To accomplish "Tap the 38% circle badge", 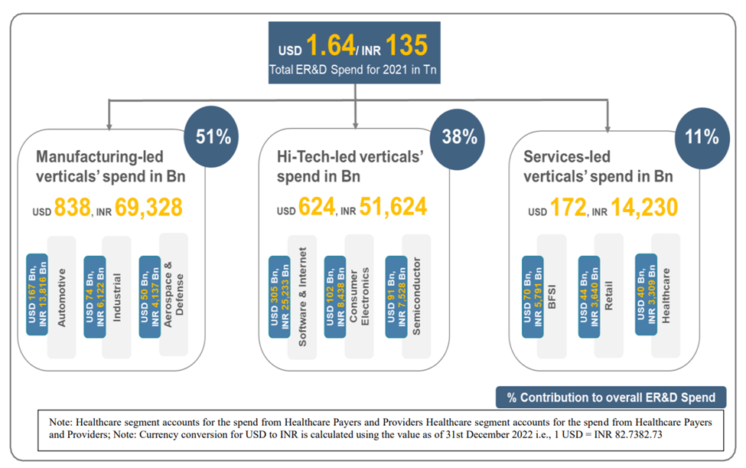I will tap(459, 137).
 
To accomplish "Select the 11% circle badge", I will tap(702, 137).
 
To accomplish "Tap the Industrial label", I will tap(117, 296).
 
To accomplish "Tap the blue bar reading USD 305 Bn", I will tap(280, 296).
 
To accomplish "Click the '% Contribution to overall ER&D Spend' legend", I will tap(610, 397).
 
